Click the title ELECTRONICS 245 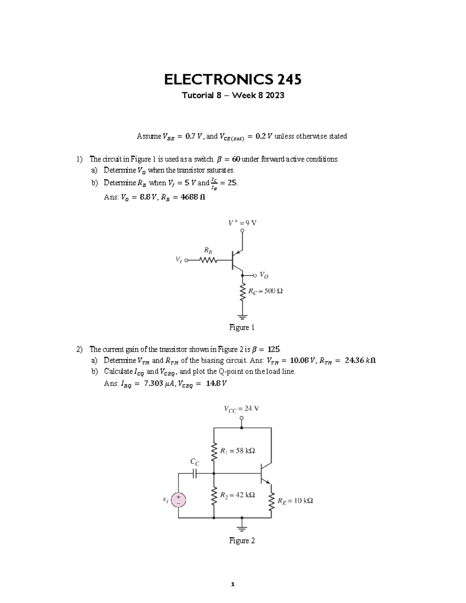[x=233, y=80]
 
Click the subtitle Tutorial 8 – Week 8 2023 [x=233, y=95]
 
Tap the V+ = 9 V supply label [x=242, y=223]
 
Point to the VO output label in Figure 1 [x=264, y=275]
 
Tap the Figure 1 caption [x=242, y=327]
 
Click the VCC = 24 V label [x=241, y=408]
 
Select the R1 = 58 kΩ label [x=237, y=451]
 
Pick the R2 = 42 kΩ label [x=237, y=495]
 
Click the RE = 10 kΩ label [x=295, y=500]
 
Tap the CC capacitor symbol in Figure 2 [x=195, y=473]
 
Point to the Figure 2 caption [x=242, y=540]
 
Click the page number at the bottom [x=233, y=584]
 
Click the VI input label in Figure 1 [x=178, y=261]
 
